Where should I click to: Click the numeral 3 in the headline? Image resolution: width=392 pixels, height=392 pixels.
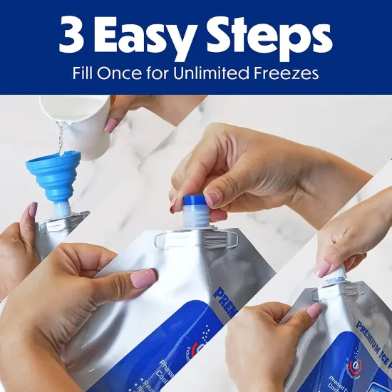[x=71, y=36]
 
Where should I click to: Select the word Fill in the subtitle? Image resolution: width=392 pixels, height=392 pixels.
[x=84, y=73]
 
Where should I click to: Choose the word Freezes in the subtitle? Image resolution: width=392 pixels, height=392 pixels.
[x=287, y=73]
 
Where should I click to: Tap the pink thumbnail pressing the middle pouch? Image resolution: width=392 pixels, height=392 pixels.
[x=145, y=277]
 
